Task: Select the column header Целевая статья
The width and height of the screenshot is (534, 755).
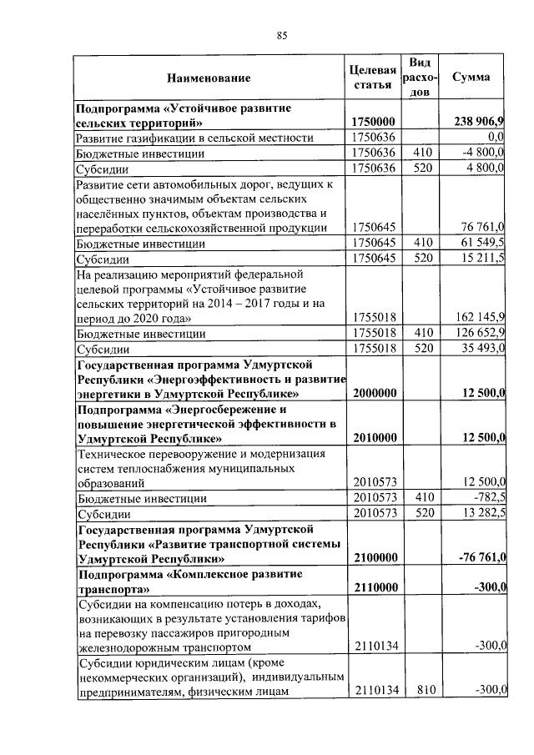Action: point(371,77)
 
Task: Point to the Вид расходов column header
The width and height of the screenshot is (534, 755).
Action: point(421,78)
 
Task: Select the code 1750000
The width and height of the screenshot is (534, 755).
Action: point(373,122)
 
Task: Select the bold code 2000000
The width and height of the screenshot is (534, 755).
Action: point(373,394)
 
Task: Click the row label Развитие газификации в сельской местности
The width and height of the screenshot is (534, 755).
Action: point(194,138)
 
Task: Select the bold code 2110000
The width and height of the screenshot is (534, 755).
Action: point(373,588)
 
